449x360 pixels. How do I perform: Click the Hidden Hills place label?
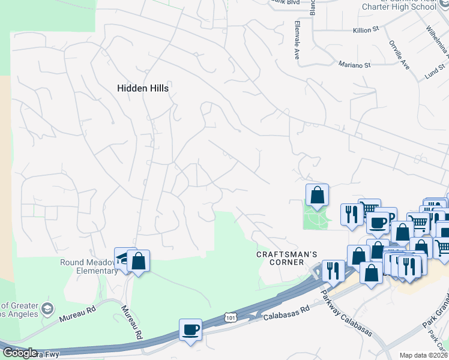click(142, 88)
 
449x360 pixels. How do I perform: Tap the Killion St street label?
click(367, 29)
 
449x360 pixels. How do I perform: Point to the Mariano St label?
click(355, 65)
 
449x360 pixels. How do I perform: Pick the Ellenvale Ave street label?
click(297, 40)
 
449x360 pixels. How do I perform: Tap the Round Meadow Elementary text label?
click(89, 266)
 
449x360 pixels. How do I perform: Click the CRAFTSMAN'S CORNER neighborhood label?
click(286, 259)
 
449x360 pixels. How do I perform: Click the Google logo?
click(20, 353)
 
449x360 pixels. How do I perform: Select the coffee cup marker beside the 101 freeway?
click(191, 330)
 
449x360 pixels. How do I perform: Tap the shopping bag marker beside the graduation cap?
click(139, 261)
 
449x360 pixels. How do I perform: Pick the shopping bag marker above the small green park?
click(317, 195)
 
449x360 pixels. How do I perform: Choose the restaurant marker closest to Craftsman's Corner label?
click(333, 271)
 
